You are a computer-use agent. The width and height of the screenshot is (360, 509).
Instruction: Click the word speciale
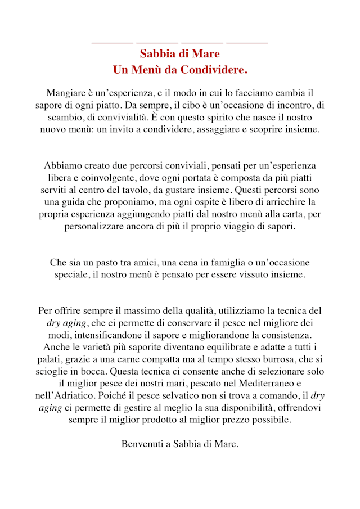[73, 275]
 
